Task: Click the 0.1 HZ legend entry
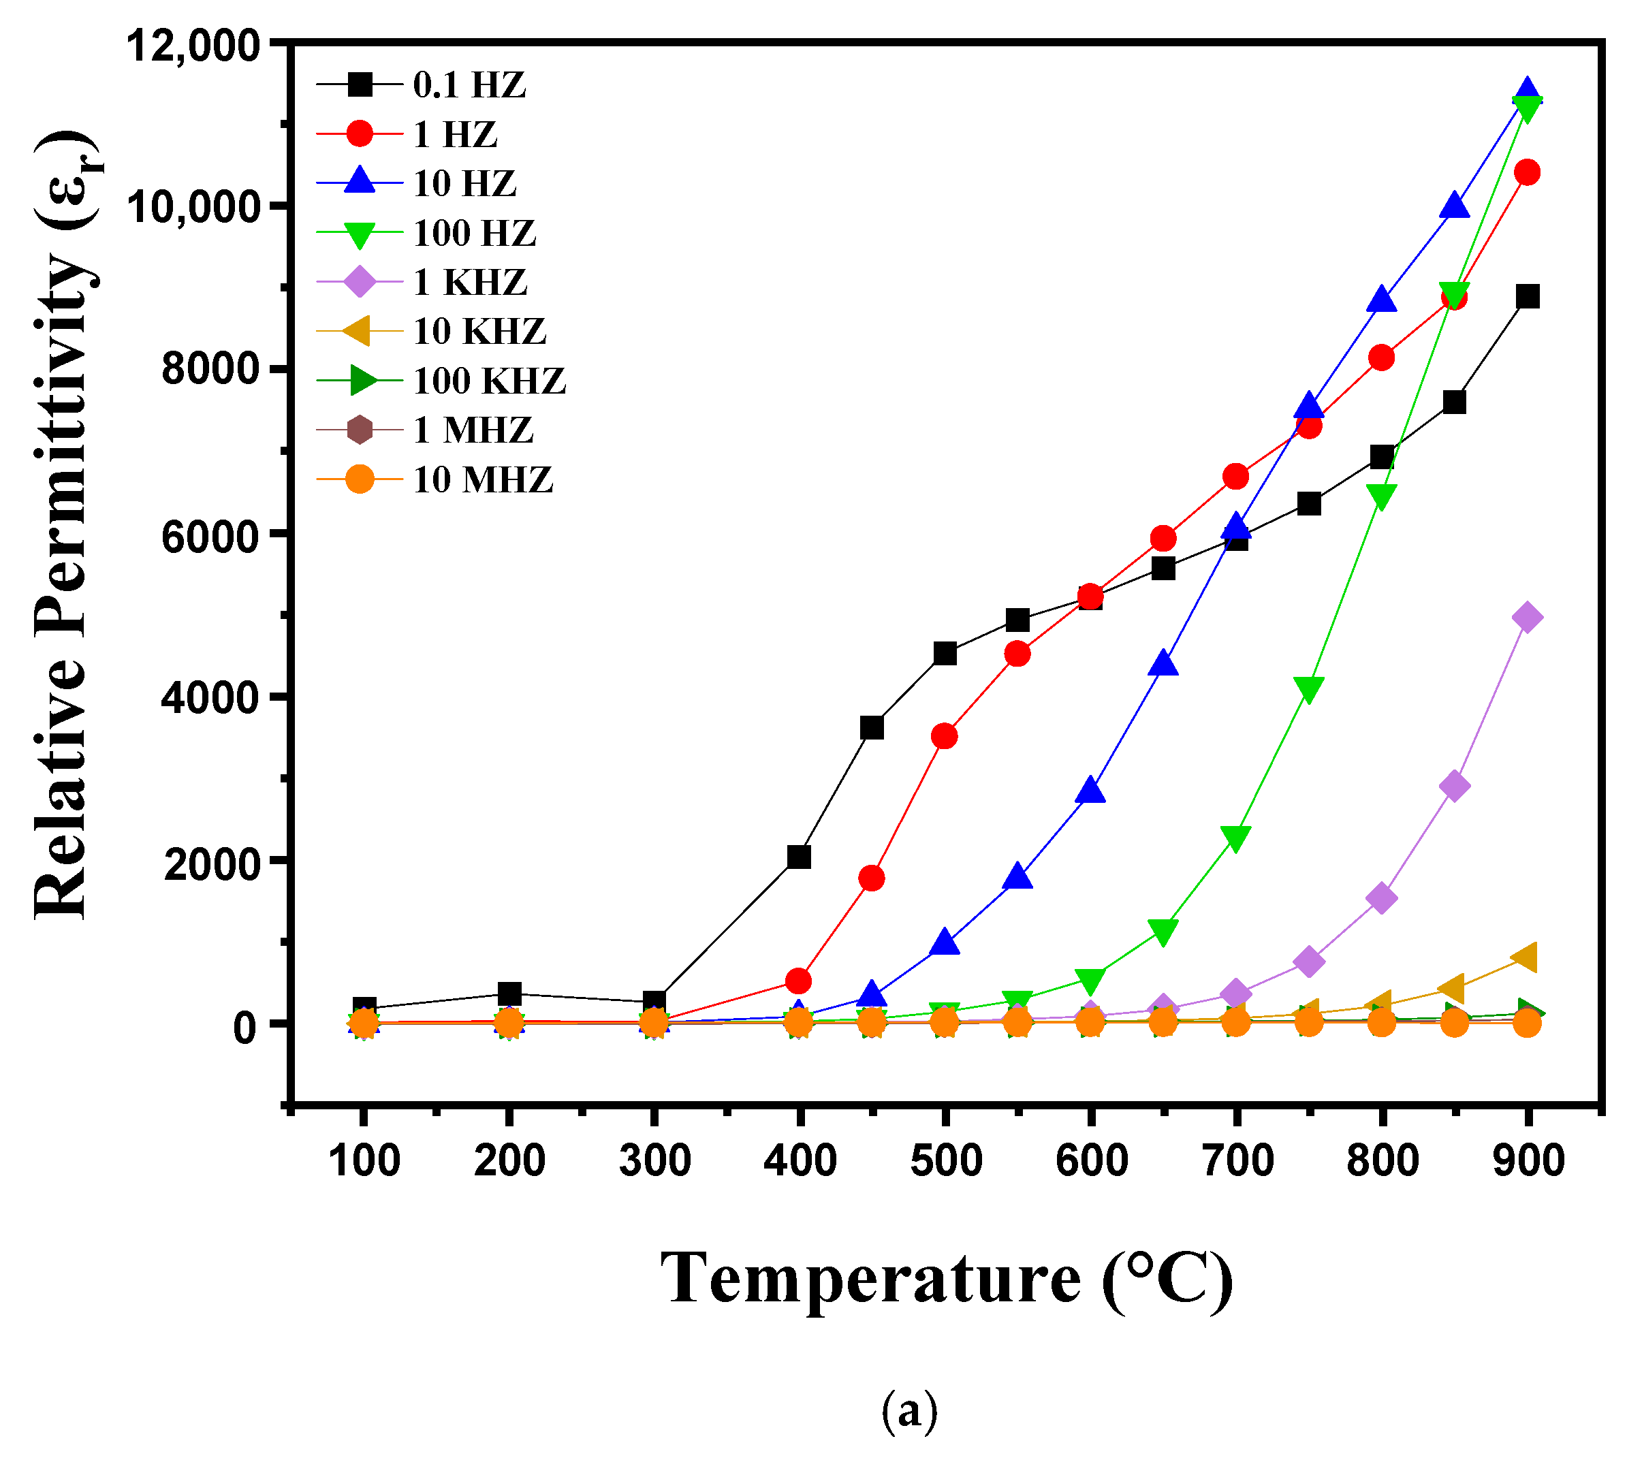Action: pyautogui.click(x=469, y=85)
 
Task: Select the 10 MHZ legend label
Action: pyautogui.click(x=482, y=479)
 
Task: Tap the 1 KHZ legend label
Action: pyautogui.click(x=469, y=283)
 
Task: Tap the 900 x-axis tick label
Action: pyautogui.click(x=1528, y=1161)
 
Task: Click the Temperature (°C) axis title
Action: pyautogui.click(x=947, y=1280)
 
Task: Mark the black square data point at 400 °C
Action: pyautogui.click(x=799, y=857)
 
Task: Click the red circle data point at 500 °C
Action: pyautogui.click(x=945, y=735)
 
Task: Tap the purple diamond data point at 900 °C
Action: pyautogui.click(x=1527, y=618)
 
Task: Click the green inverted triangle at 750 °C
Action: pyautogui.click(x=1308, y=688)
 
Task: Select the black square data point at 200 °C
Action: pyautogui.click(x=509, y=993)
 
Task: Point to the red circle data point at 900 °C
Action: pyautogui.click(x=1528, y=172)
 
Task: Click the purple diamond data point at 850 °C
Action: pyautogui.click(x=1455, y=786)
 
